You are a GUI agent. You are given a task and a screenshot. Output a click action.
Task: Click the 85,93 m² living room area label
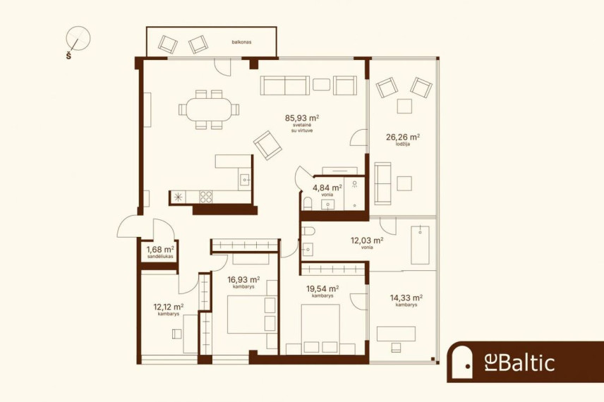[302, 123]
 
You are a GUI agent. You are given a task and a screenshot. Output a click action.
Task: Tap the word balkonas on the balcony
[241, 42]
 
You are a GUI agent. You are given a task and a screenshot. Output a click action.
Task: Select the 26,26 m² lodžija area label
[403, 140]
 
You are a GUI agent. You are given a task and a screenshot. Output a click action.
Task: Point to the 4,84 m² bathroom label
[327, 190]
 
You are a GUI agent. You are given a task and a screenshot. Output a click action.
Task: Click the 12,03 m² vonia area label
[367, 243]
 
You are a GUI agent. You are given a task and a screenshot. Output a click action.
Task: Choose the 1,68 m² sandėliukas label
[160, 252]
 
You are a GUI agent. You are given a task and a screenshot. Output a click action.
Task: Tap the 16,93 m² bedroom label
[243, 282]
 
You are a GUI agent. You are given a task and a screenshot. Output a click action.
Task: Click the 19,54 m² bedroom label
[322, 291]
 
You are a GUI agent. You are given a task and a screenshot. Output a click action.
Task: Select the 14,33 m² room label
[406, 300]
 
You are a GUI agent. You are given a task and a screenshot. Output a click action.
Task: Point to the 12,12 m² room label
[169, 309]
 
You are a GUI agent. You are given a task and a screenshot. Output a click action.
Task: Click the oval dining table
[209, 109]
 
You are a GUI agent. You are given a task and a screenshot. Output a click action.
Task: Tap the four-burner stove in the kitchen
[206, 197]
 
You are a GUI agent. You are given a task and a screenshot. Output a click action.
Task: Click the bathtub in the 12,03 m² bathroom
[420, 245]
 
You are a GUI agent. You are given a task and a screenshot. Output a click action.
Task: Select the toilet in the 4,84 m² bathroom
[307, 204]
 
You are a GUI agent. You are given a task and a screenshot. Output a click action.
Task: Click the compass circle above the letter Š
[78, 39]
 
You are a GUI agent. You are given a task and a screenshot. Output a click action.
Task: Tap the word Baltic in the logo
[526, 363]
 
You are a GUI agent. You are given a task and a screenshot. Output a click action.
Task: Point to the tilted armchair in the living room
[267, 145]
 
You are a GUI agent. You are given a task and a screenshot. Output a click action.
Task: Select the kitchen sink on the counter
[244, 180]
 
